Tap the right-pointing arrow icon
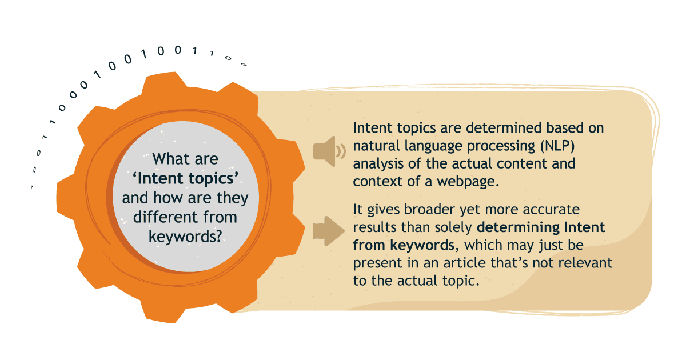[x=327, y=231]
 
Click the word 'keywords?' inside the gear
[x=185, y=237]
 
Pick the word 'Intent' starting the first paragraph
[x=372, y=127]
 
